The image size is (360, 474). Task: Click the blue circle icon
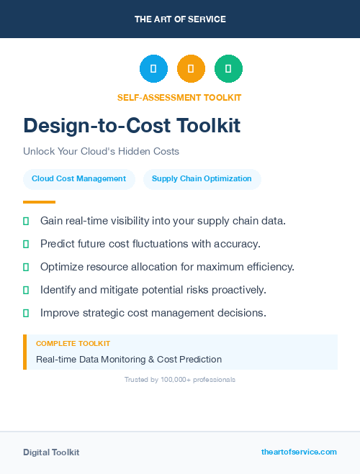point(153,69)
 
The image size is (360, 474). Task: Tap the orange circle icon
point(191,69)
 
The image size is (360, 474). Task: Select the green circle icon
point(228,69)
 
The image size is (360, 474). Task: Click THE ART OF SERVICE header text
point(180,19)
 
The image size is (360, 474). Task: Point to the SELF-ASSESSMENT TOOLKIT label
point(179,98)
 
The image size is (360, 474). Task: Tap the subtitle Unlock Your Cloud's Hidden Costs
point(101,152)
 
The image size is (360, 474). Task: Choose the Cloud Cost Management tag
point(79,179)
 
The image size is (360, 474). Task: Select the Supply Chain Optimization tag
point(202,179)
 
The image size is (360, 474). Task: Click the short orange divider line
point(39,202)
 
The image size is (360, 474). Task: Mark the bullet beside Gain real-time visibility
point(26,221)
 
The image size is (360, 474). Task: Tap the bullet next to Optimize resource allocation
point(26,267)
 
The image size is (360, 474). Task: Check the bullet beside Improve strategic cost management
point(26,313)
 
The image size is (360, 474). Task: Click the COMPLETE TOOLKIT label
point(73,344)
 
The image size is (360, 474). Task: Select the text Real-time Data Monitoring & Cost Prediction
point(129,359)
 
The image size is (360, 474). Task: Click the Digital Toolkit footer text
point(51,452)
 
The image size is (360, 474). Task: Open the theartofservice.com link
point(299,452)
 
